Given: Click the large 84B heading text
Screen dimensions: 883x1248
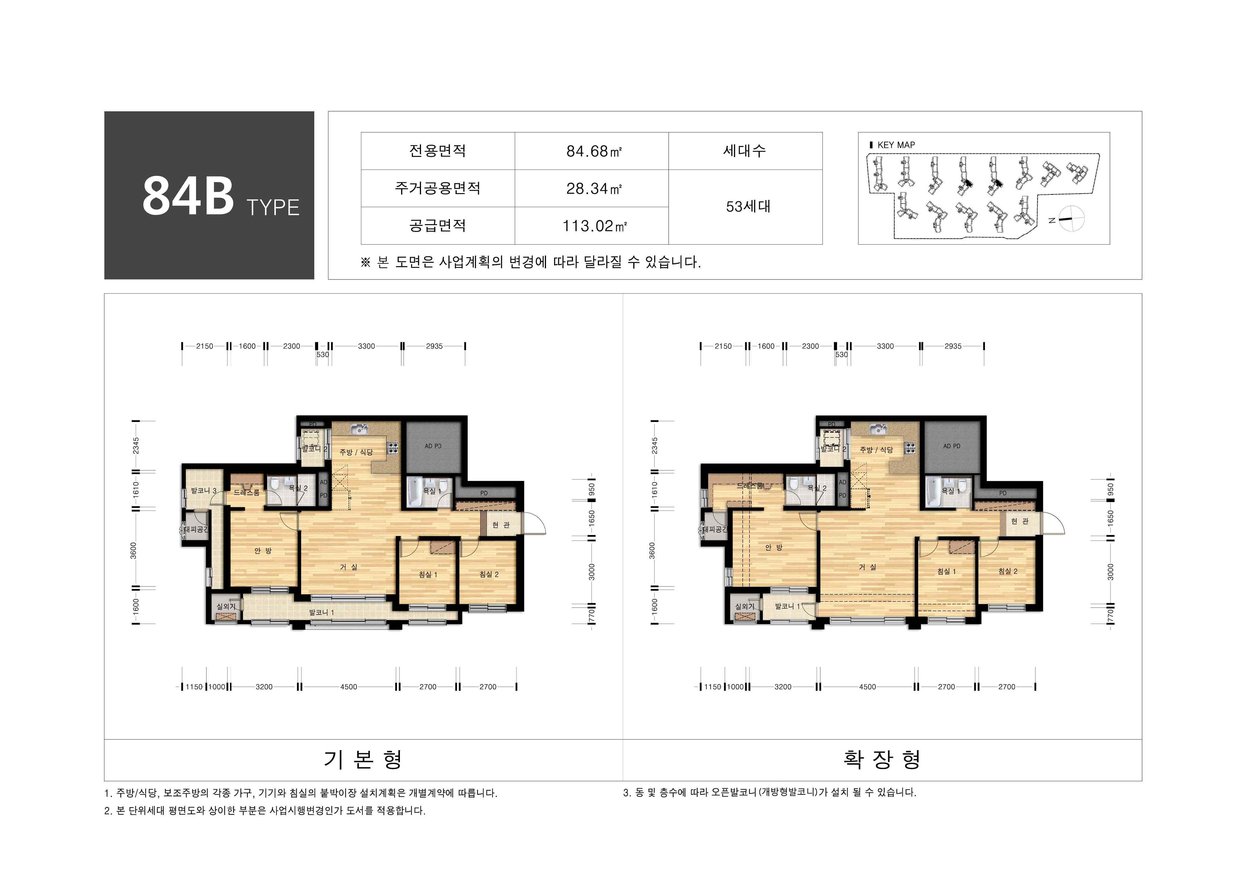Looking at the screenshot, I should pos(188,196).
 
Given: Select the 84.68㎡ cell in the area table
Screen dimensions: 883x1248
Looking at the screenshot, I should pos(594,151).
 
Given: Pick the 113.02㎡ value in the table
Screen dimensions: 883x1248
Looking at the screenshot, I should pos(594,226).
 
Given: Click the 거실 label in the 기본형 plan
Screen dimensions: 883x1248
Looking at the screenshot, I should pos(348,567).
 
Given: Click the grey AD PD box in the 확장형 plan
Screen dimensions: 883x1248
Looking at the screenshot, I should pos(951,446).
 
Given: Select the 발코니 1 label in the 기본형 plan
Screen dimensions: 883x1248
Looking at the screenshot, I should pos(321,612).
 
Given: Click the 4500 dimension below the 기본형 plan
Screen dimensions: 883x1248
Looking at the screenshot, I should pos(348,687).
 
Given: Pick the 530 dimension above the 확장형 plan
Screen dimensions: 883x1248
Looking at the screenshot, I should pos(842,354).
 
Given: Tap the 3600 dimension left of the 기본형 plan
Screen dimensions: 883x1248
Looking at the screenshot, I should pos(134,550).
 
